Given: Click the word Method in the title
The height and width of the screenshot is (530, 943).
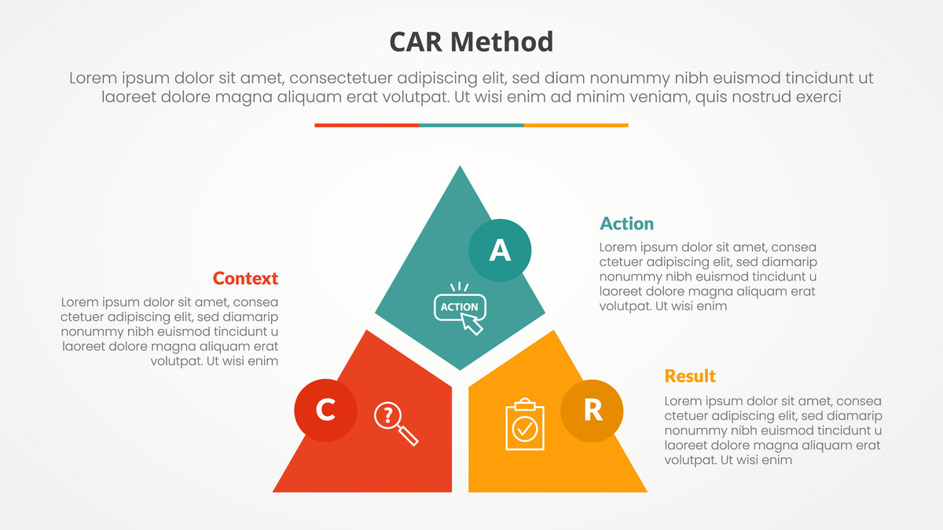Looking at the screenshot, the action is tap(502, 42).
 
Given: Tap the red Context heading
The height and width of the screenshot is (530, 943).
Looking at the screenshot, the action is tap(245, 279).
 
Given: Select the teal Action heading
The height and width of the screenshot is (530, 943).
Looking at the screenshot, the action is tap(626, 223).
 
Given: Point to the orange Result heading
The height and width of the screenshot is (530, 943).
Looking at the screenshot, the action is tap(690, 376).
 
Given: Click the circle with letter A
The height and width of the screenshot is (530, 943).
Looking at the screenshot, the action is tap(500, 250).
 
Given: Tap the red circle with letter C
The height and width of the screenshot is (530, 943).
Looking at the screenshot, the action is tap(325, 410).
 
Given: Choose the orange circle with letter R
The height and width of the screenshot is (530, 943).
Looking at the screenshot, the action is tap(592, 411).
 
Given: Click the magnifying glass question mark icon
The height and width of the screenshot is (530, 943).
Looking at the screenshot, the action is tap(396, 424).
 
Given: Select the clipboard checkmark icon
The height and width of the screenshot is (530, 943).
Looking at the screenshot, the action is tap(525, 424).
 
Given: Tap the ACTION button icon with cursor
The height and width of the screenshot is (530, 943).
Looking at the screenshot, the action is tap(460, 309).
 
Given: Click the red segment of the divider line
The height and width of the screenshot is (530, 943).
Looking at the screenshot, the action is tap(367, 126).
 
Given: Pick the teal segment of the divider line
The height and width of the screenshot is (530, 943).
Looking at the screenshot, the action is tap(472, 126).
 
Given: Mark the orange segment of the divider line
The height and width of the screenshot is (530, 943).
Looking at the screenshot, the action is tap(576, 126).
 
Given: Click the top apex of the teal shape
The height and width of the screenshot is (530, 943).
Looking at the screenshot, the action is tap(460, 166).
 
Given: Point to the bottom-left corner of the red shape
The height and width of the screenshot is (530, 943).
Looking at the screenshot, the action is tap(273, 492).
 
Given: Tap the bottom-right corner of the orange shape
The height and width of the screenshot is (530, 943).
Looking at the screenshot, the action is tap(647, 492).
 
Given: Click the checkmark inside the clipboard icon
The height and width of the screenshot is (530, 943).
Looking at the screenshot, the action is tap(525, 429).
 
